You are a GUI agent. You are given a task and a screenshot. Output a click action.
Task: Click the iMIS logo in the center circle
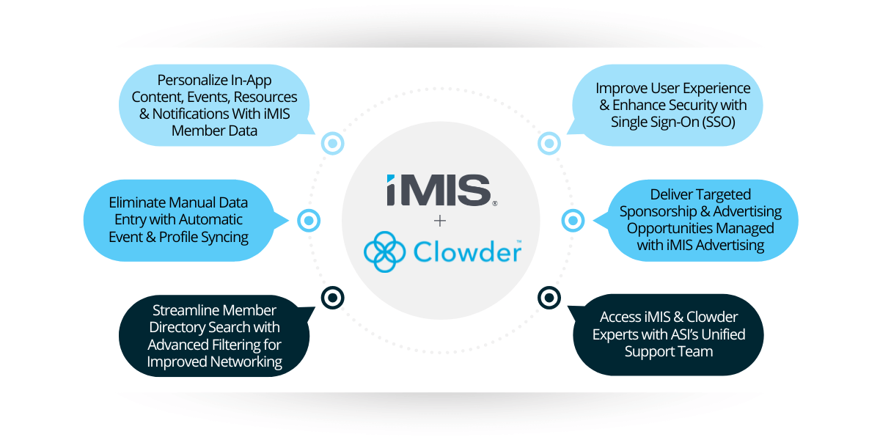point(439,190)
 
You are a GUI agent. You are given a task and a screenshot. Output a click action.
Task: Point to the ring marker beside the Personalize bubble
point(332,144)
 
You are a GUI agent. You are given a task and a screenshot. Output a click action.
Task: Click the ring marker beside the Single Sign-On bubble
point(548,144)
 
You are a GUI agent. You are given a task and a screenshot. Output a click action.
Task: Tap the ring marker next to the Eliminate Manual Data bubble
point(309,220)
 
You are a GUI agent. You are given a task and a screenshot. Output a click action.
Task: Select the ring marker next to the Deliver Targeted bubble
point(572,220)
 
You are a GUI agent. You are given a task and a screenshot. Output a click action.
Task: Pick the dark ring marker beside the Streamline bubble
point(332,297)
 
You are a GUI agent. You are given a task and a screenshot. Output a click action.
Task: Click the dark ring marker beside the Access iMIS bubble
point(548,297)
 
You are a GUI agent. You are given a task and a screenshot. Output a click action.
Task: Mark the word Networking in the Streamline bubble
point(247,361)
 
